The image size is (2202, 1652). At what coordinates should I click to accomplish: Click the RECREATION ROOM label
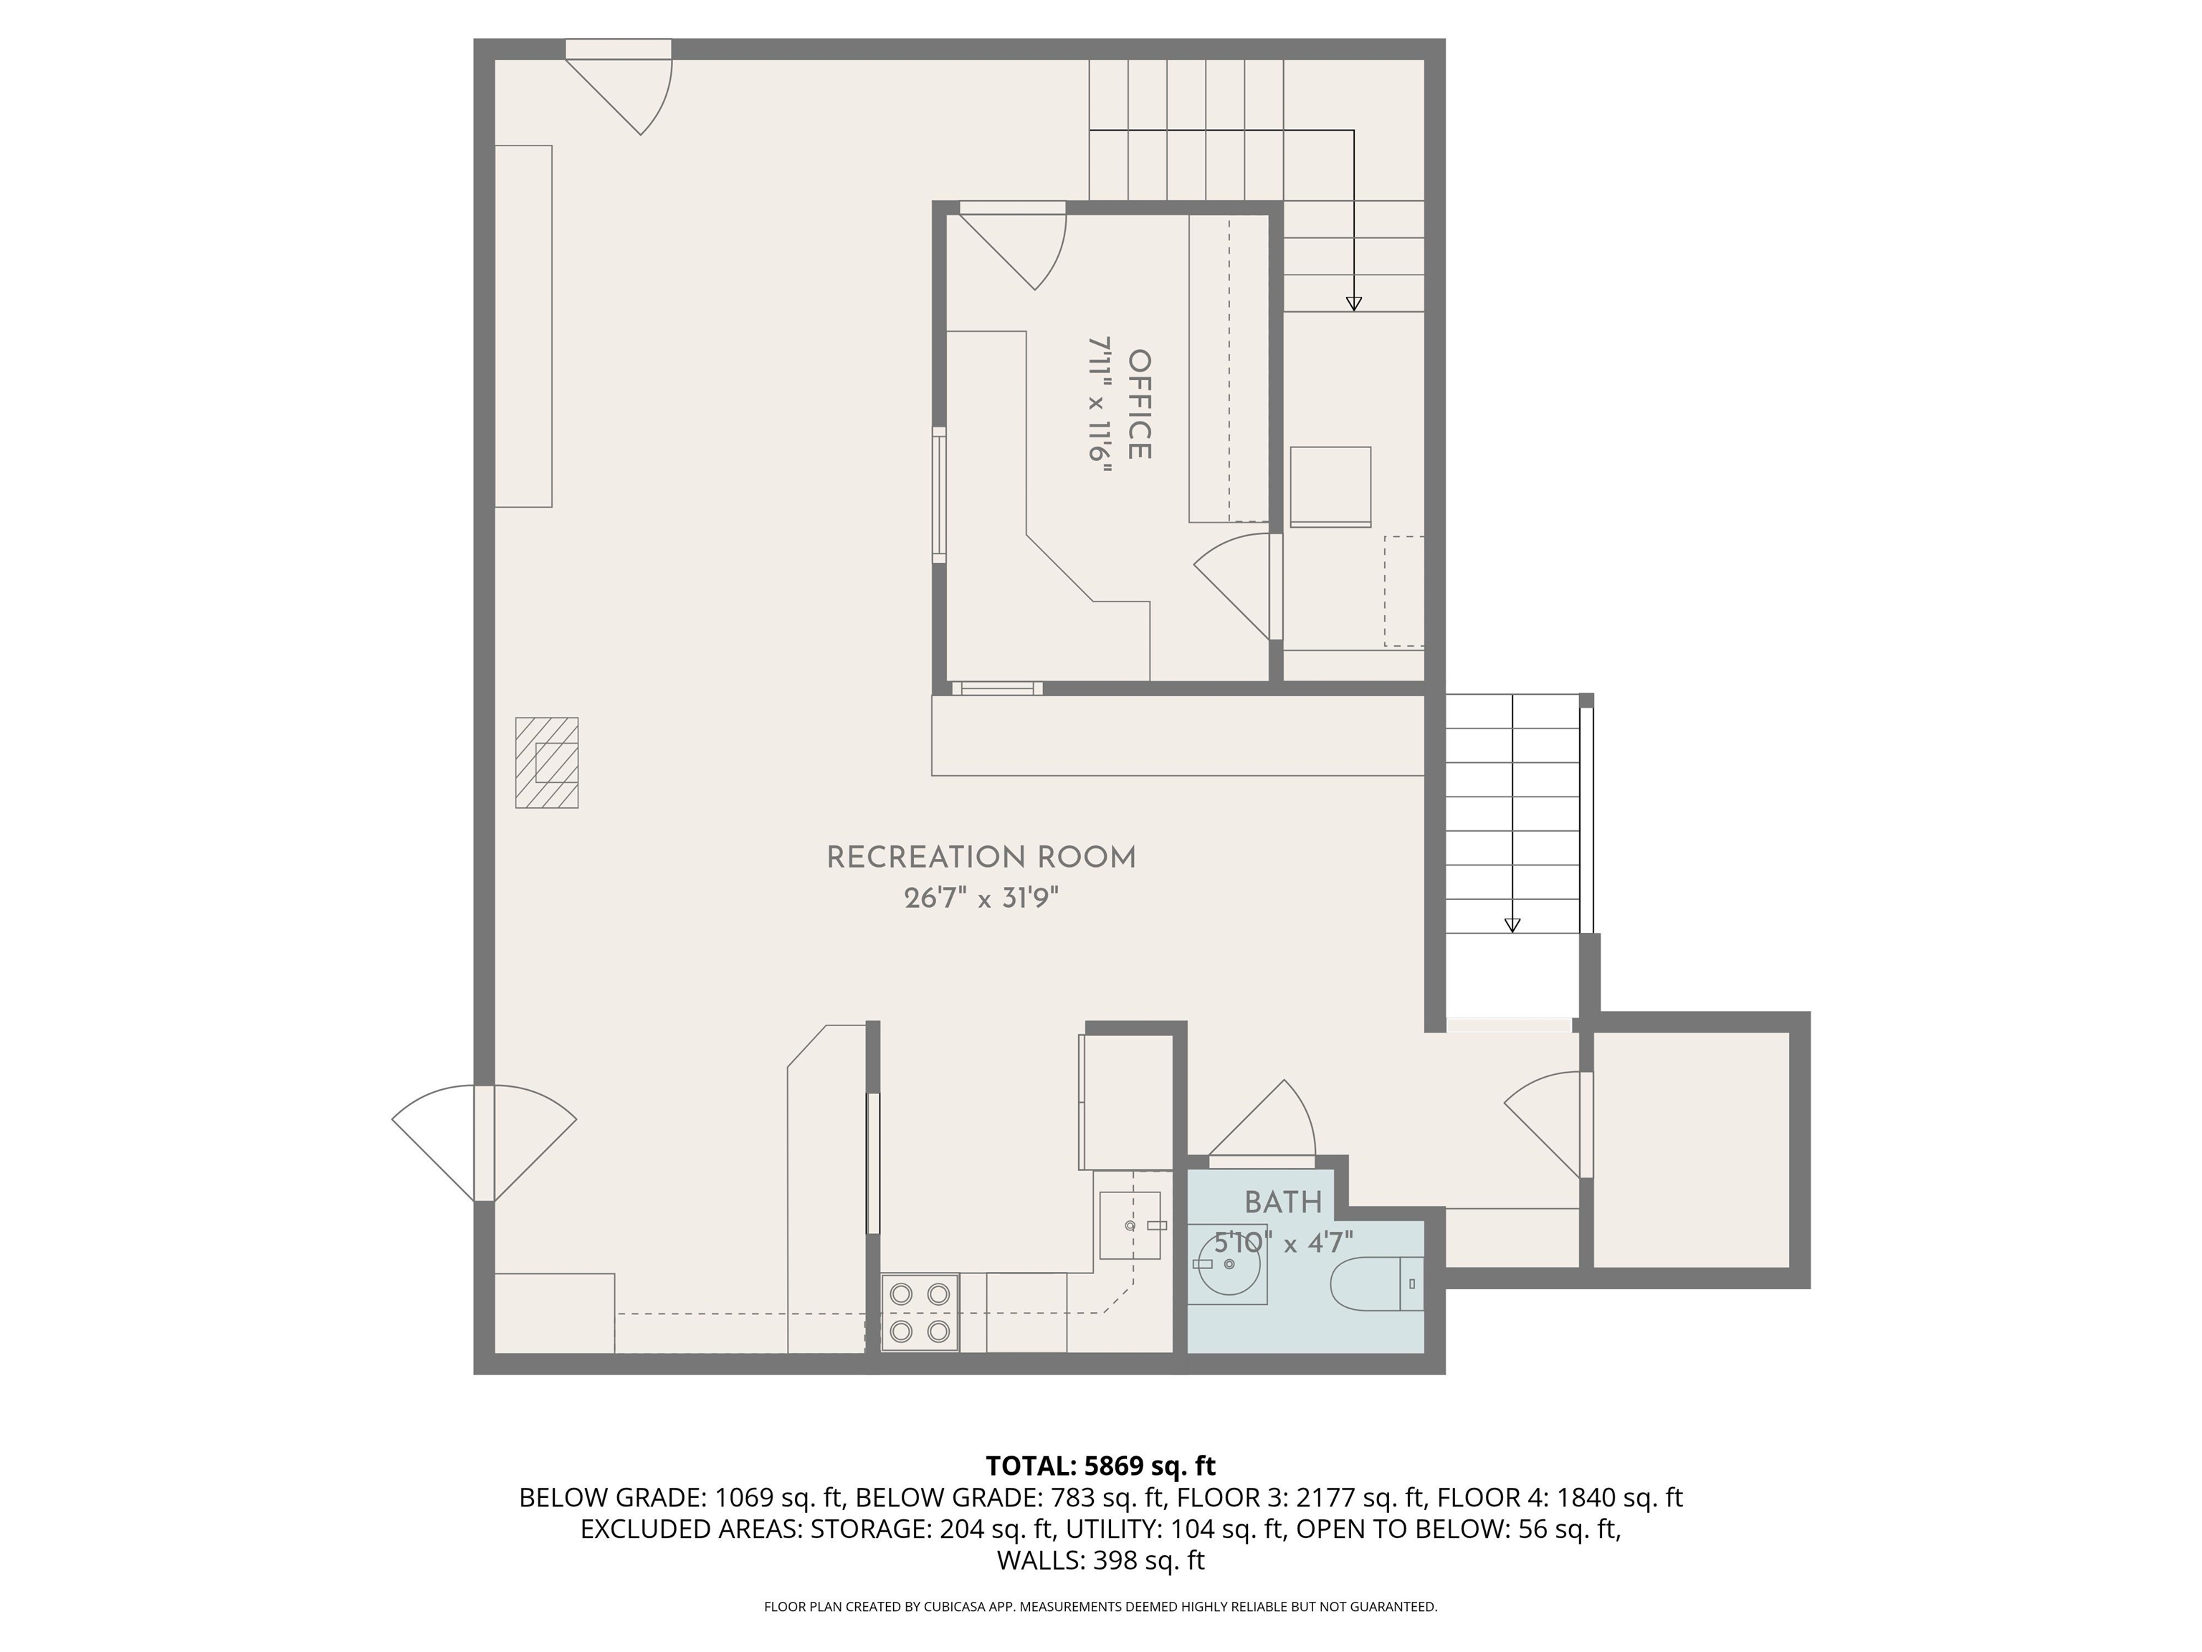coord(981,858)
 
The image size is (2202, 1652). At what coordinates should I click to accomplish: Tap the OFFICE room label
coord(1140,404)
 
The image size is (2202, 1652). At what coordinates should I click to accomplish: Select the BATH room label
coord(1283,1202)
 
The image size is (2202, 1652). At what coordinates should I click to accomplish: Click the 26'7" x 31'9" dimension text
coord(981,899)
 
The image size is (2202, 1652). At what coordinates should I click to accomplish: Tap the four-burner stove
coord(920,1312)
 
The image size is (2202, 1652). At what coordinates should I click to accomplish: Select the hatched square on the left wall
coord(546,763)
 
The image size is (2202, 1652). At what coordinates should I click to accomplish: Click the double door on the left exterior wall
coord(484,1143)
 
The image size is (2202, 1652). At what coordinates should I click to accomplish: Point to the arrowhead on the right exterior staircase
coord(1512,925)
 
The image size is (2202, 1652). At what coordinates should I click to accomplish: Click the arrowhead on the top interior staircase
coord(1353,304)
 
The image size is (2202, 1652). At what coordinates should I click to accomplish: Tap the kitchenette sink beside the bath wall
coord(1130,1225)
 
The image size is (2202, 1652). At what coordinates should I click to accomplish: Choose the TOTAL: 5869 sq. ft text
coord(1100,1466)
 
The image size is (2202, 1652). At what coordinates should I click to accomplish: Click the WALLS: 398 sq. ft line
coord(1100,1560)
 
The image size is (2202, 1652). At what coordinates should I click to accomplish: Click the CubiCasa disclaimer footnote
coord(1100,1606)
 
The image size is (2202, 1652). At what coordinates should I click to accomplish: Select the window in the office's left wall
coord(939,495)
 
